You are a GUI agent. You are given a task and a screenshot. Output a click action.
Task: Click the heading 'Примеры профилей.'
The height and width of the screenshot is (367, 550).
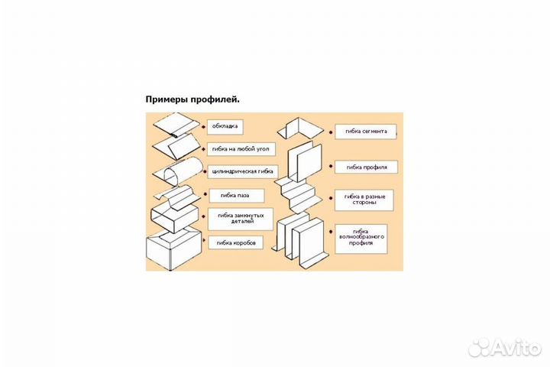(192, 99)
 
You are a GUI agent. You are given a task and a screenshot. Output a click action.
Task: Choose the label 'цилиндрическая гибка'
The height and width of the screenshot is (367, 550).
(241, 171)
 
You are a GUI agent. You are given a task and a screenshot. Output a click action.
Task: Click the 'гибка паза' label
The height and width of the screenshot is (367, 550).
(230, 195)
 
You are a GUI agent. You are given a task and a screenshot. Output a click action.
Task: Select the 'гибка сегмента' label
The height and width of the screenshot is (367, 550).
(367, 132)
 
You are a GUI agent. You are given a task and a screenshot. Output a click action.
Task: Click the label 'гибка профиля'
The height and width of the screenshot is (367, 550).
(366, 167)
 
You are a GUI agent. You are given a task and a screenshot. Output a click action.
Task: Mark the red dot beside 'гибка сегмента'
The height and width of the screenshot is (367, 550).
(329, 132)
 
